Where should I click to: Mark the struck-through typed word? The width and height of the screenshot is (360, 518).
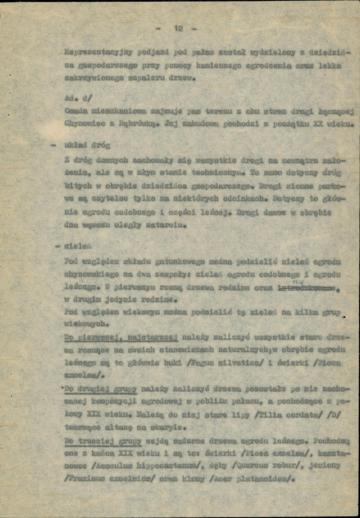tap(307, 289)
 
